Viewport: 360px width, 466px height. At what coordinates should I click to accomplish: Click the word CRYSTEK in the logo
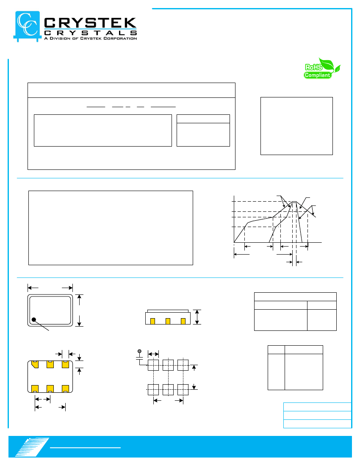pyautogui.click(x=90, y=23)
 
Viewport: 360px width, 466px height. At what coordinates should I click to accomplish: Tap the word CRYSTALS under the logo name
pyautogui.click(x=90, y=33)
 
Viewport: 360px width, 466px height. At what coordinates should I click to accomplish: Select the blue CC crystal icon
pyautogui.click(x=27, y=26)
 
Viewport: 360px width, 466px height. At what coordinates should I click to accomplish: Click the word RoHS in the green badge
pyautogui.click(x=313, y=67)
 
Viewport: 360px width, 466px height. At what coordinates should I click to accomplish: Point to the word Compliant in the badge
pyautogui.click(x=317, y=75)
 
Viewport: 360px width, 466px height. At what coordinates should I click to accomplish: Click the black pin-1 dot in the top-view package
pyautogui.click(x=34, y=319)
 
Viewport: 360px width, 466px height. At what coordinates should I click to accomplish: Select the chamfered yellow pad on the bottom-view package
pyautogui.click(x=35, y=364)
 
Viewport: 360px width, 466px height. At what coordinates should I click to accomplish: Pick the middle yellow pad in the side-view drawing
pyautogui.click(x=168, y=321)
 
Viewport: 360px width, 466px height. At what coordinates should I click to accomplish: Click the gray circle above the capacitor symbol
pyautogui.click(x=140, y=351)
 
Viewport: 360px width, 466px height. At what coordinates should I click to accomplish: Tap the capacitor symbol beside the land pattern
pyautogui.click(x=139, y=358)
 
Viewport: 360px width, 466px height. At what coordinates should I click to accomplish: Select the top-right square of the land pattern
pyautogui.click(x=183, y=365)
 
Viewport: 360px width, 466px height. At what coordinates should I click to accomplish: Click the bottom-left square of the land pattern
pyautogui.click(x=153, y=390)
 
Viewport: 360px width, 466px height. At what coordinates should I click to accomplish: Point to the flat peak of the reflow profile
pyautogui.click(x=294, y=202)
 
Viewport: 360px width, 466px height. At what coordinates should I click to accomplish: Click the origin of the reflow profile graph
pyautogui.click(x=234, y=242)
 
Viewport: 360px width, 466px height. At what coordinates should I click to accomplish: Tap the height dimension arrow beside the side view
pyautogui.click(x=197, y=317)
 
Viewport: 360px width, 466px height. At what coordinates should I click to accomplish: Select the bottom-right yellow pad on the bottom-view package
pyautogui.click(x=65, y=389)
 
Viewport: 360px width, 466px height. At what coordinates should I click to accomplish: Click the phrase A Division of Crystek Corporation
pyautogui.click(x=90, y=38)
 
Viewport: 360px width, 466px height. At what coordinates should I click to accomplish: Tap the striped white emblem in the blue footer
pyautogui.click(x=32, y=447)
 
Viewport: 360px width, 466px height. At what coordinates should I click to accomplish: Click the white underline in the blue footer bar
pyautogui.click(x=85, y=448)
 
